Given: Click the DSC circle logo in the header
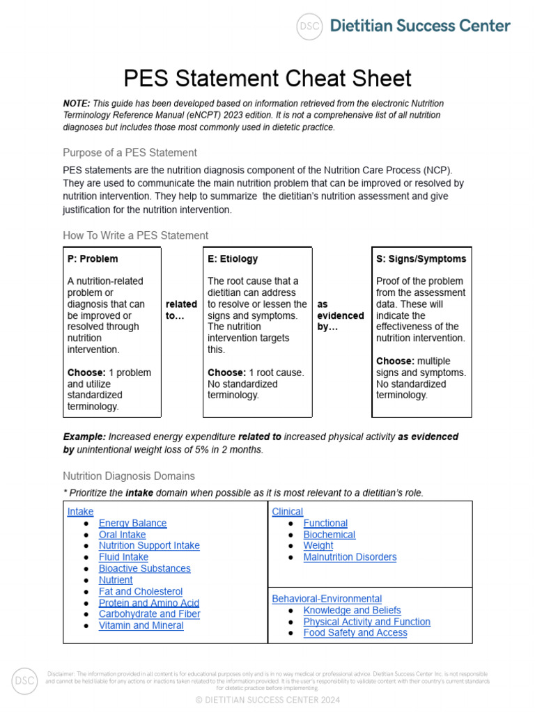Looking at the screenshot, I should tap(309, 26).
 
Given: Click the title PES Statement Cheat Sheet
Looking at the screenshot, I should tap(267, 78).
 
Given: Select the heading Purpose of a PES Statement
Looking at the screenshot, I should tap(130, 152).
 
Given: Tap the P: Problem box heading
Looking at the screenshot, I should tap(93, 258).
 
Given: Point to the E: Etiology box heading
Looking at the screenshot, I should tap(233, 258).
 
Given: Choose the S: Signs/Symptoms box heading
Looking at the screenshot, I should tap(421, 258).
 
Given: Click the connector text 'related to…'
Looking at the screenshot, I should tap(181, 310).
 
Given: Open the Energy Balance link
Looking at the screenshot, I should tap(132, 523).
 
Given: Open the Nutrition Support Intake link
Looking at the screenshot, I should tap(149, 545).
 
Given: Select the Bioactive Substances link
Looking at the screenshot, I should tap(144, 568).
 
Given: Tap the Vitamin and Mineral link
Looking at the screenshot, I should tap(141, 625).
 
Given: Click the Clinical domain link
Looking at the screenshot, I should tap(287, 511).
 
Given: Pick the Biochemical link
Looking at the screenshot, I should tap(329, 535).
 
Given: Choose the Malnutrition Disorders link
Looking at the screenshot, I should tap(350, 557).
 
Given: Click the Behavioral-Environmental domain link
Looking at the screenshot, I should tap(327, 599).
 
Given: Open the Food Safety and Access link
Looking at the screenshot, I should tap(355, 632).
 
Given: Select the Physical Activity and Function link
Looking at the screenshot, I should tap(366, 621).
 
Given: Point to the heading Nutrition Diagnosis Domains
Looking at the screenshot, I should tap(129, 476).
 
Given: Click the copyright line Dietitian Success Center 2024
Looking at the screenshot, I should tap(267, 700).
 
